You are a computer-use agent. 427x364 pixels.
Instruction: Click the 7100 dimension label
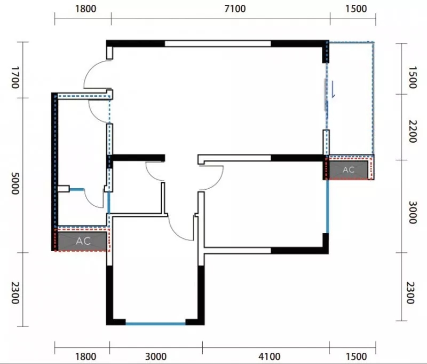(235, 9)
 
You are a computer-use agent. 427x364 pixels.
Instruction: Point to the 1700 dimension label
(15, 78)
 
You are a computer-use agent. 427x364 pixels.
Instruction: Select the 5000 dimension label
(15, 183)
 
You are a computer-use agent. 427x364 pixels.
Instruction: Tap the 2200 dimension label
(413, 131)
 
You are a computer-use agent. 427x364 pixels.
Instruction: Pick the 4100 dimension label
(270, 357)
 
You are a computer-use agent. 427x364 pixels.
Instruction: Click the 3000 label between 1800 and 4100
(156, 357)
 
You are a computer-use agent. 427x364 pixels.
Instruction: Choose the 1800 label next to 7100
(85, 9)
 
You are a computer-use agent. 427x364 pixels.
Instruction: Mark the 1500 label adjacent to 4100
(356, 357)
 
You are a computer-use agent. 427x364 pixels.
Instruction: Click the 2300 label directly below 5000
(15, 293)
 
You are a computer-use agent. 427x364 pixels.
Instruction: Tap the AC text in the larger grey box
(83, 241)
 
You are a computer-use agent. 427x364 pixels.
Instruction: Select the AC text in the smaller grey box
(349, 170)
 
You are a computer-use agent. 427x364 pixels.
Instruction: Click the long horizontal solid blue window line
(155, 324)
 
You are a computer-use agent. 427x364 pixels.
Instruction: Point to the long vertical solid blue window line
(327, 206)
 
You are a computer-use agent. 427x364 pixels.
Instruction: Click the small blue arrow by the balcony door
(333, 89)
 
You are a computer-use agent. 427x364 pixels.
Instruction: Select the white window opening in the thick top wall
(218, 44)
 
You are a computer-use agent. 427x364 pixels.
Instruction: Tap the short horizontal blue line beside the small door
(76, 189)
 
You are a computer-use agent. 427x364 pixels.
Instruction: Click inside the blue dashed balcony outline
(351, 98)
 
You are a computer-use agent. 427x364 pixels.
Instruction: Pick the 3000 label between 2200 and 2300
(413, 212)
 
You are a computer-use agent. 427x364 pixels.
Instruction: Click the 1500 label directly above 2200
(413, 78)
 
